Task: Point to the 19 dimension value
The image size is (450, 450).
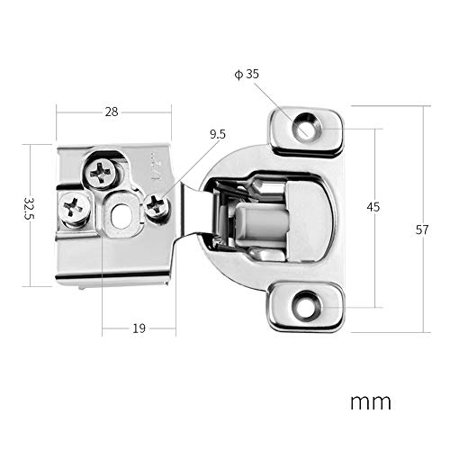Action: point(139,328)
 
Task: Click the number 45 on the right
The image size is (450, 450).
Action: point(373,206)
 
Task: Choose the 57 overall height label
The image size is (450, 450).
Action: point(422,229)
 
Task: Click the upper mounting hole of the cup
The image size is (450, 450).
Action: point(307,130)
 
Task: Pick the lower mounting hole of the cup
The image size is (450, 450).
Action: point(307,306)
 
